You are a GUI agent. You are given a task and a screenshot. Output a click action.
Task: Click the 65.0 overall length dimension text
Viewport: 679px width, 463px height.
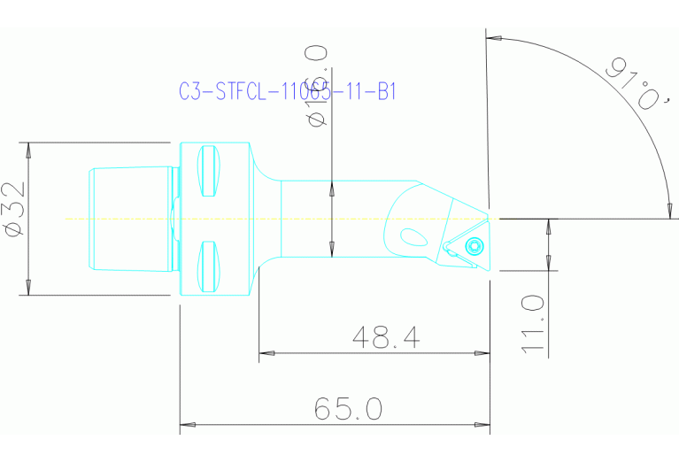tap(349, 408)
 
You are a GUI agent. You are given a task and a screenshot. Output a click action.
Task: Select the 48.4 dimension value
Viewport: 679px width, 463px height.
tap(385, 337)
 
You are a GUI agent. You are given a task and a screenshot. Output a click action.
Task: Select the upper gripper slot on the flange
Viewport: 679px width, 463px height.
tap(206, 172)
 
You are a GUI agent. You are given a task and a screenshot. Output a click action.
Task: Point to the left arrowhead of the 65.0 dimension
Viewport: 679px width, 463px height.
tap(187, 424)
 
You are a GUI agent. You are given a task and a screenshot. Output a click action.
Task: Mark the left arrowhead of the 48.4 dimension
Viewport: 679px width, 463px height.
tap(266, 353)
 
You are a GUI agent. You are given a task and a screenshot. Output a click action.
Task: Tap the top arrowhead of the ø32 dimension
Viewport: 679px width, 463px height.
tap(28, 150)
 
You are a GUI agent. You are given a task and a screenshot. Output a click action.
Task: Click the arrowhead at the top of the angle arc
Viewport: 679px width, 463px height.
tap(495, 39)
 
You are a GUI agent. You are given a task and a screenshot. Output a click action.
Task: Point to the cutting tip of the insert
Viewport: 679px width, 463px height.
tap(489, 217)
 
